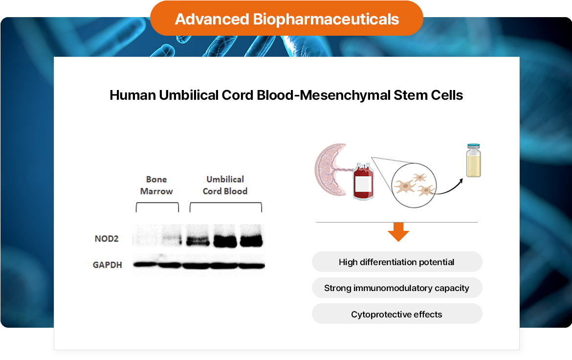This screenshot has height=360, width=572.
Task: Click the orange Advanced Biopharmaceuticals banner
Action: click(286, 19)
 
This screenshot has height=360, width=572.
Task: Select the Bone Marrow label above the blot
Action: click(156, 185)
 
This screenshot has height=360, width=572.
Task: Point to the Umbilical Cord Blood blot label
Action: click(225, 185)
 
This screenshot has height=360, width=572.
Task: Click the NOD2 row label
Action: click(107, 239)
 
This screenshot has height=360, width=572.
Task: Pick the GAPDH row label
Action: click(108, 265)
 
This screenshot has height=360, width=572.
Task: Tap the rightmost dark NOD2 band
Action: click(251, 241)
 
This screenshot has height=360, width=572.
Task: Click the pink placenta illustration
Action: click(330, 169)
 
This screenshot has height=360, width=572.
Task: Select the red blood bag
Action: click(362, 181)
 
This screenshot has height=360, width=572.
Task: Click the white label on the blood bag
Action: click(363, 184)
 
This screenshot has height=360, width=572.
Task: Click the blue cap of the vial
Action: click(473, 146)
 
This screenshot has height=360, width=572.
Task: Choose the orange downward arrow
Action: click(398, 232)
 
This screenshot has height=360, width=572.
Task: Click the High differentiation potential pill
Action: click(397, 262)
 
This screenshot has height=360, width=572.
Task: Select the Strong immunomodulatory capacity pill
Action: click(397, 288)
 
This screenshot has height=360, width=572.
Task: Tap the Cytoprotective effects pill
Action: click(397, 314)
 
